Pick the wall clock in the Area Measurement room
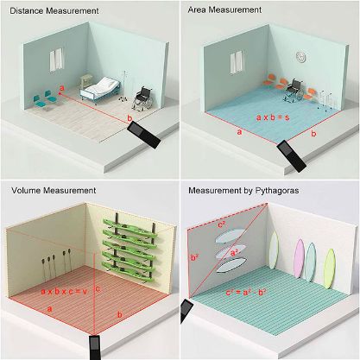point(300,57)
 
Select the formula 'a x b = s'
point(277,115)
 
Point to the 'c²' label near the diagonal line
point(221,224)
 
